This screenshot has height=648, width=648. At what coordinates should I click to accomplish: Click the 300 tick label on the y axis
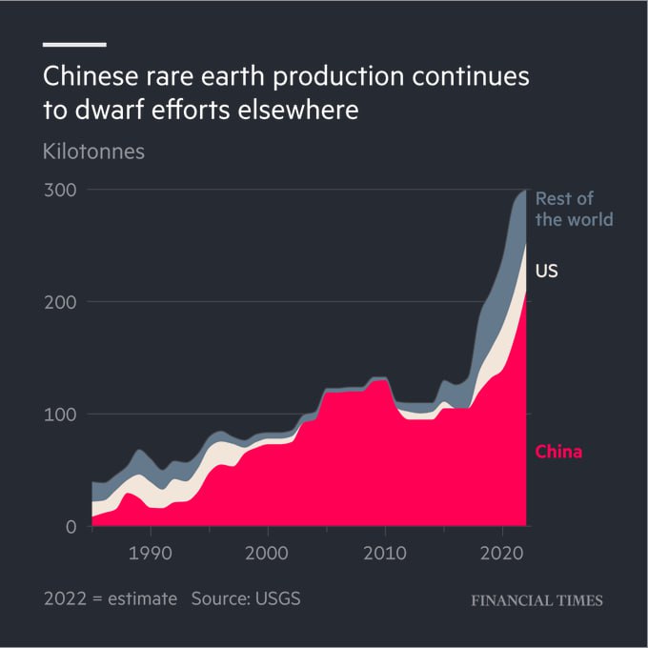point(59,190)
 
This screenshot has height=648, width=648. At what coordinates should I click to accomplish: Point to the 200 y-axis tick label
point(59,302)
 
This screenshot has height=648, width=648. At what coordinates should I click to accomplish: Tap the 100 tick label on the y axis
point(59,414)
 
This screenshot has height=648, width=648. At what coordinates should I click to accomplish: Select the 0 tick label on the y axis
point(70,526)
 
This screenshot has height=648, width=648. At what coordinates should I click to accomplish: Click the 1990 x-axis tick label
point(150,552)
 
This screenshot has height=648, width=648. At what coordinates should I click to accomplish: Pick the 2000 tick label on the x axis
point(268,552)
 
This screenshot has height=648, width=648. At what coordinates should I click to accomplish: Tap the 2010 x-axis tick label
point(385,552)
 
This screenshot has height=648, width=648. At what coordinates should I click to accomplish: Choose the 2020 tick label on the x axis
point(502,552)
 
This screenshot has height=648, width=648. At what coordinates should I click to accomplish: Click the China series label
point(558,452)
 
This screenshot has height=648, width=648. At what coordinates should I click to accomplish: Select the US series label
point(546,272)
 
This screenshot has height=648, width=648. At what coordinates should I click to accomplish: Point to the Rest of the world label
point(573,209)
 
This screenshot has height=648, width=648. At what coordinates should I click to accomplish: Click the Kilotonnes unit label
point(94,152)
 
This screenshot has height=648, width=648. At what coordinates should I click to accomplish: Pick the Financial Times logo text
point(537,600)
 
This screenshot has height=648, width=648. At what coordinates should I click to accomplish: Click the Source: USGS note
point(253,599)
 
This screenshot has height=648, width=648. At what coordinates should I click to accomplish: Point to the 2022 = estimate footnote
point(111,599)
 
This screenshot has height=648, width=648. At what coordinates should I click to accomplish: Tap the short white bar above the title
point(74,44)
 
